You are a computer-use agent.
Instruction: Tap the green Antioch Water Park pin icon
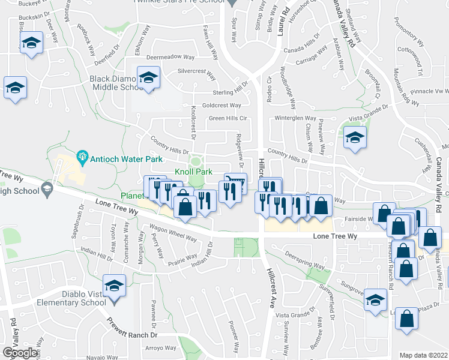[x=83, y=159]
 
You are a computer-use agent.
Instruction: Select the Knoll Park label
[x=193, y=172]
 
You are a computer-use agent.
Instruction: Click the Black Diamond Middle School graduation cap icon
[x=148, y=77]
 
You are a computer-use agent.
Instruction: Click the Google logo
[x=19, y=353]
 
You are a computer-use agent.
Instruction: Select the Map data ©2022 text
[x=424, y=355]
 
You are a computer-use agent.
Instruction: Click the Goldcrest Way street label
[x=221, y=105]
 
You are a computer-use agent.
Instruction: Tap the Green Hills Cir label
[x=228, y=118]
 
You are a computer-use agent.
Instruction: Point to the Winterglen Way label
[x=295, y=118]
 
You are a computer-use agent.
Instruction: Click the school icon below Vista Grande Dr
[x=355, y=137]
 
